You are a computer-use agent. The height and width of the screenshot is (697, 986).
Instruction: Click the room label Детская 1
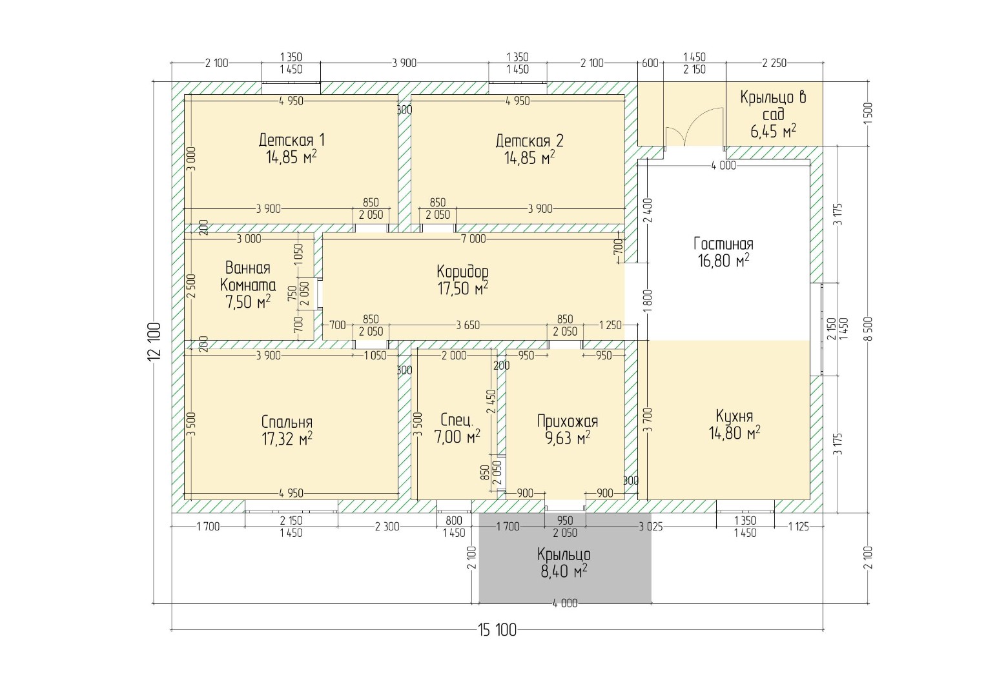(291, 141)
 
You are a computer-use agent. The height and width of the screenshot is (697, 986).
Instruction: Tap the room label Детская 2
(529, 141)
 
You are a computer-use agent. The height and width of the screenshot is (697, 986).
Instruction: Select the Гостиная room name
(723, 244)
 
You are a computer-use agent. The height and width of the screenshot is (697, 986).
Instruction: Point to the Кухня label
(734, 416)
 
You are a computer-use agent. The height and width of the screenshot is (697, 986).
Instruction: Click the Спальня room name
(287, 422)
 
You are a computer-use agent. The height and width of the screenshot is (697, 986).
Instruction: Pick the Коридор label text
(462, 272)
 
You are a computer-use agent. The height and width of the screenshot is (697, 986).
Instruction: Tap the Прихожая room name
(568, 421)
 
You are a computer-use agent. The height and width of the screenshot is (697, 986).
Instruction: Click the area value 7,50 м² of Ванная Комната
(248, 302)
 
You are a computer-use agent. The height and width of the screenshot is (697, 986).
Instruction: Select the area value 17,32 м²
(287, 439)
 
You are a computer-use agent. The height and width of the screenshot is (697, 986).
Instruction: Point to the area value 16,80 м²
(723, 261)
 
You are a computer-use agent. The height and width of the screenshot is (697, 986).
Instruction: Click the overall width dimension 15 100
(497, 630)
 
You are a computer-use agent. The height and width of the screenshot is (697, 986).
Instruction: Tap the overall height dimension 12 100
(154, 342)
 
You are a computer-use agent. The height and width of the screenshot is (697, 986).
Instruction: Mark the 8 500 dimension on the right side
(868, 328)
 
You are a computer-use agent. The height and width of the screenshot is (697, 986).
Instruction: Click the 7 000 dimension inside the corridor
(473, 239)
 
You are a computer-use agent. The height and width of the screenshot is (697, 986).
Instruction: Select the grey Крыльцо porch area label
(564, 554)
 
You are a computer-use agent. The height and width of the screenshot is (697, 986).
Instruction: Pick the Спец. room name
(457, 420)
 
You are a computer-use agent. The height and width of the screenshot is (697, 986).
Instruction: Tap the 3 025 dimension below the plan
(651, 527)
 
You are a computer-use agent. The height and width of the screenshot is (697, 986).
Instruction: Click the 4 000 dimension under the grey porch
(565, 603)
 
